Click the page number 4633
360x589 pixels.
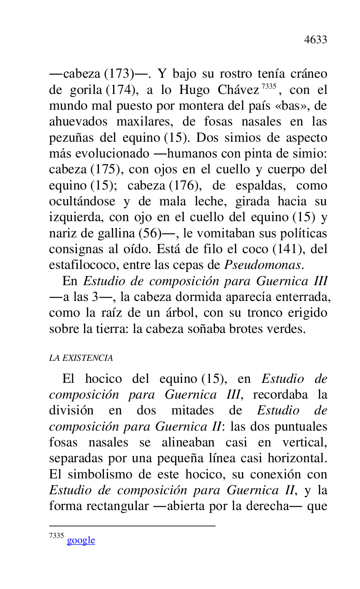point(316,39)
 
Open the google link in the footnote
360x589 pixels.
point(81,540)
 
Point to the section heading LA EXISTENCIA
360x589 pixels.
point(81,358)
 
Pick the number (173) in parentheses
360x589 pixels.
point(119,74)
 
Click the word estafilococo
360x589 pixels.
point(77,265)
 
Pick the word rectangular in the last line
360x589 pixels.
point(117,506)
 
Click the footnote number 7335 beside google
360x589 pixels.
point(56,536)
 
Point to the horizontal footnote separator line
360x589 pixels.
point(132,526)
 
